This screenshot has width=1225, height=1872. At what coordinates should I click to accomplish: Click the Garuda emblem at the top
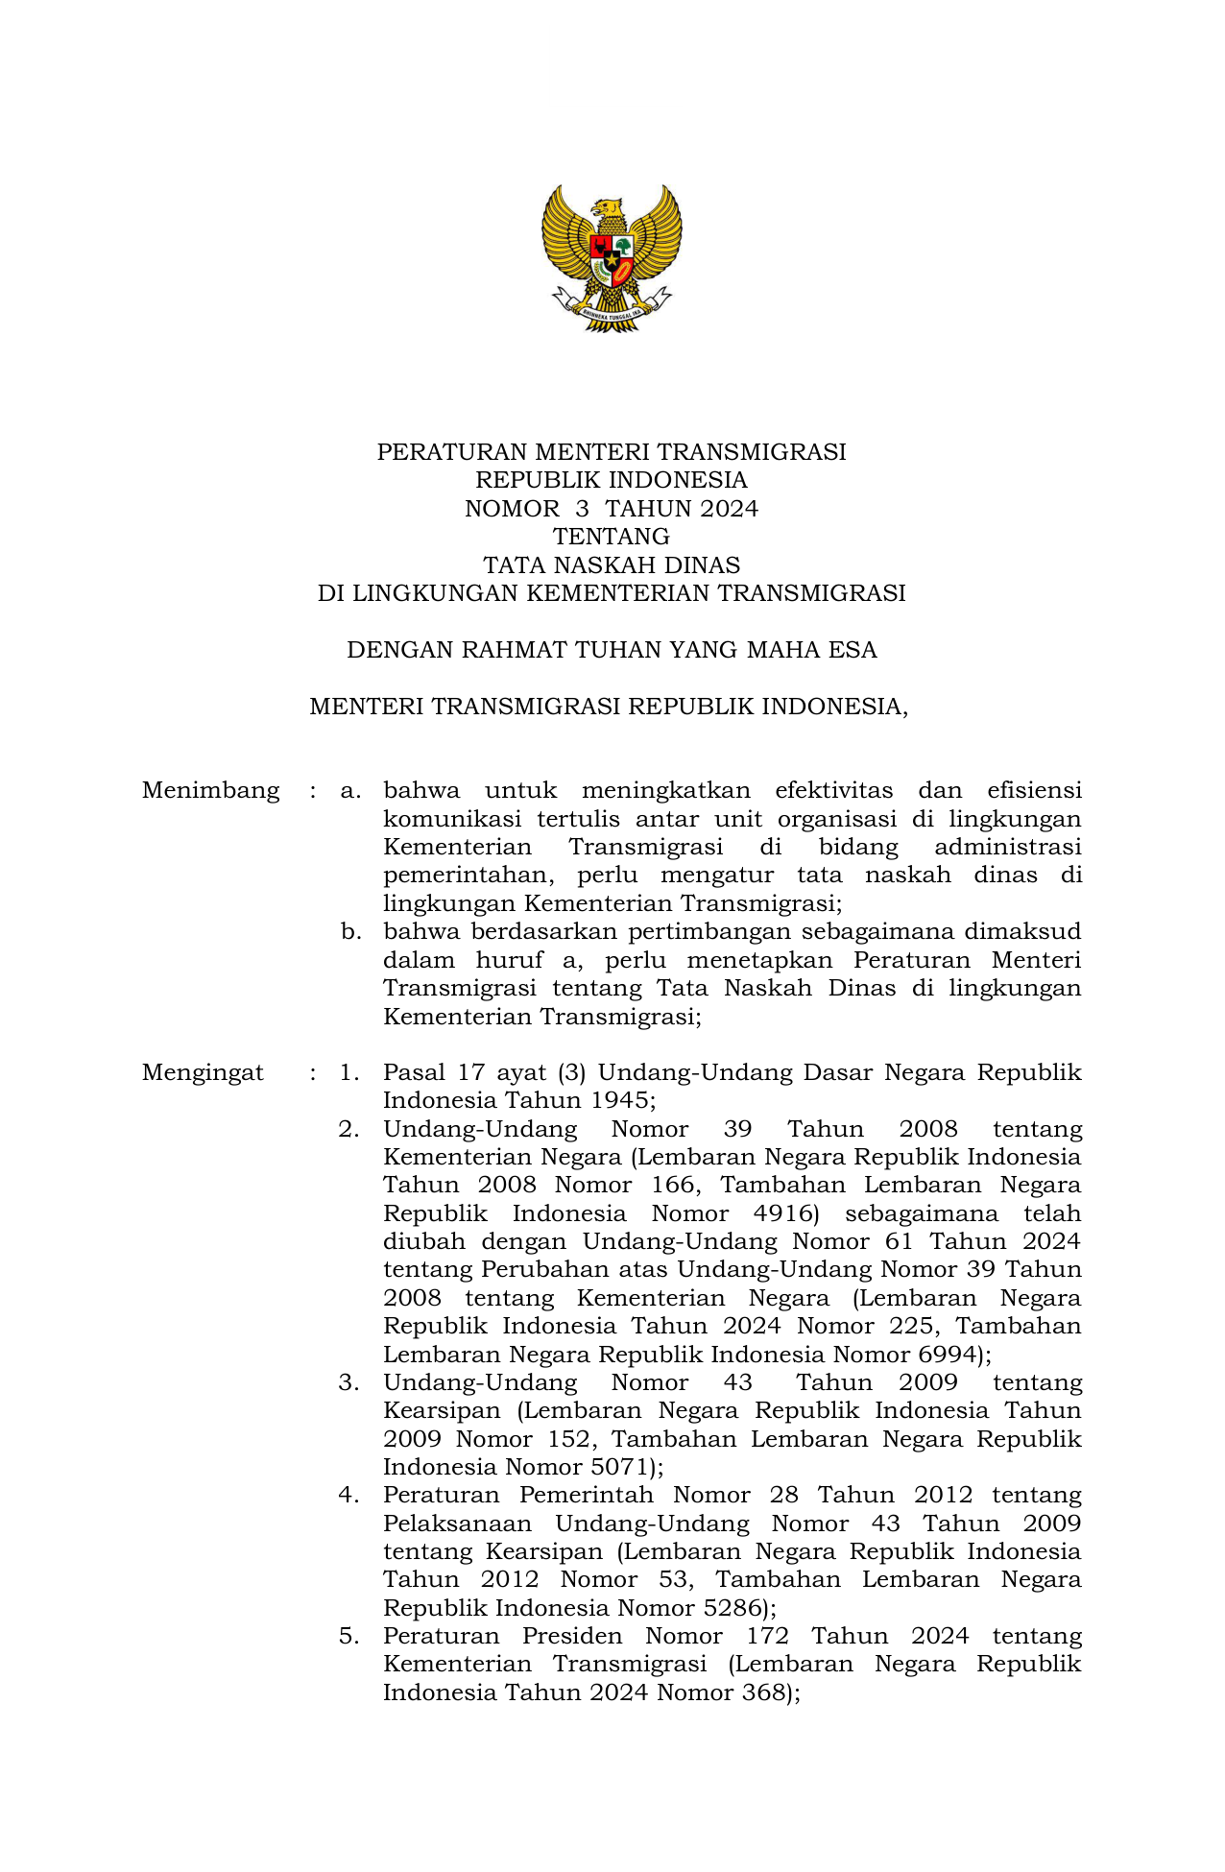612,258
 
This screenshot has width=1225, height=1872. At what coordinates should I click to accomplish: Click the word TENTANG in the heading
612,537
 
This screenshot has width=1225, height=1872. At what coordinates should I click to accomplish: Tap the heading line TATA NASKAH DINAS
612,564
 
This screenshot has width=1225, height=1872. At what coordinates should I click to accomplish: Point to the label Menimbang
210,791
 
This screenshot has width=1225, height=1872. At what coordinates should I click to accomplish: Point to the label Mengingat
203,1073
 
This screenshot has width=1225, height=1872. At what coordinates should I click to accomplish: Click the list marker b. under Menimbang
350,932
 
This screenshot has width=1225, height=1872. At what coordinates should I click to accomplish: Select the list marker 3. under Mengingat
348,1383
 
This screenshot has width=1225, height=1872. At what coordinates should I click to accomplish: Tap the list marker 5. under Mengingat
348,1637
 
